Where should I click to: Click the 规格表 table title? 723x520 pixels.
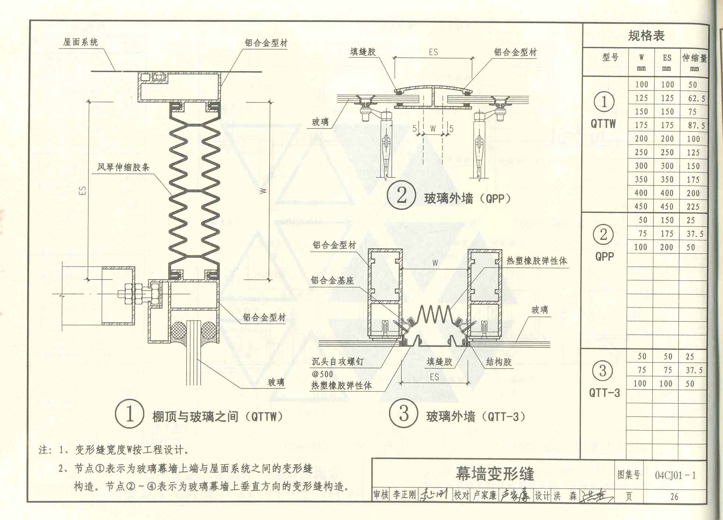(x=646, y=36)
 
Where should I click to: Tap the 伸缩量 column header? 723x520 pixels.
(x=694, y=58)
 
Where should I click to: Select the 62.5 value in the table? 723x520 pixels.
(x=696, y=98)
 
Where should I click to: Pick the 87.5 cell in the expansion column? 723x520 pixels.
(x=696, y=126)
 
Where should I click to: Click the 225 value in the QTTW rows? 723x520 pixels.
(x=693, y=207)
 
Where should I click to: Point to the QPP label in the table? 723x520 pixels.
(x=604, y=256)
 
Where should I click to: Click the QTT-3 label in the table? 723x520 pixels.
(x=604, y=393)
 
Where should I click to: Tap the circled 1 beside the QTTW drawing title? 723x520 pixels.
(x=129, y=414)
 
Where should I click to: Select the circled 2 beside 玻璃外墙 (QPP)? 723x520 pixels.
(x=401, y=195)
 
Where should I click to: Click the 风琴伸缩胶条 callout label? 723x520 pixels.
(x=123, y=168)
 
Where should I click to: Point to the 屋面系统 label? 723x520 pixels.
(x=80, y=42)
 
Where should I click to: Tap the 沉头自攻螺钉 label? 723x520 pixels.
(x=337, y=362)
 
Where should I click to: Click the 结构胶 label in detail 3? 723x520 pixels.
(x=499, y=362)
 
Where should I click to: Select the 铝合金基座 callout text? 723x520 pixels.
(x=332, y=281)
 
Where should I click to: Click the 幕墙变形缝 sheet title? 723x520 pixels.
(x=495, y=474)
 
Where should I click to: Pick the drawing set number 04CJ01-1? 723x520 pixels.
(x=675, y=475)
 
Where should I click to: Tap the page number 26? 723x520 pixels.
(x=674, y=497)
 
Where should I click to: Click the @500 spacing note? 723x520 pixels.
(x=322, y=374)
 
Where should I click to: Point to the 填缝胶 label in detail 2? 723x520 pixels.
(x=363, y=52)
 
